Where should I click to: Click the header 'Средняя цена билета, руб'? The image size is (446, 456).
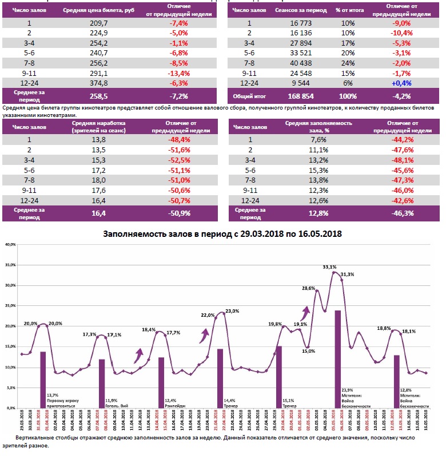pos(98,10)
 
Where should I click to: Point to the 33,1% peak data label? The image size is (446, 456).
pos(329,267)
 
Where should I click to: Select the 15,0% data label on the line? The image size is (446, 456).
pos(308,352)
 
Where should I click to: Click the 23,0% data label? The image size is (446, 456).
pos(232,311)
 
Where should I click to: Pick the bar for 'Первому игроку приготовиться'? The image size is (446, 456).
pos(43,380)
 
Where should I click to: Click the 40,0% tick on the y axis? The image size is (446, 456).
pos(10,244)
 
